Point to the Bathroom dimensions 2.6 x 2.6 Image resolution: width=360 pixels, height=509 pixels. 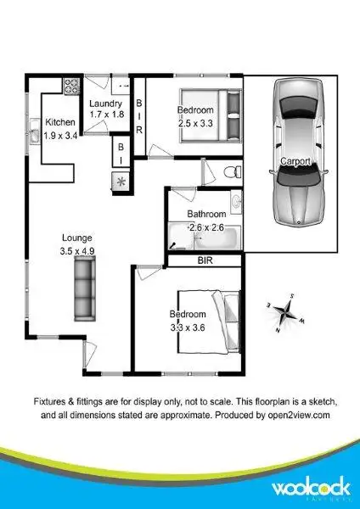click(205, 227)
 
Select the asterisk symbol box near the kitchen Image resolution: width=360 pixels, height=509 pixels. click(120, 181)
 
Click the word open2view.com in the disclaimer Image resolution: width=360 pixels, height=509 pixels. click(290, 417)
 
